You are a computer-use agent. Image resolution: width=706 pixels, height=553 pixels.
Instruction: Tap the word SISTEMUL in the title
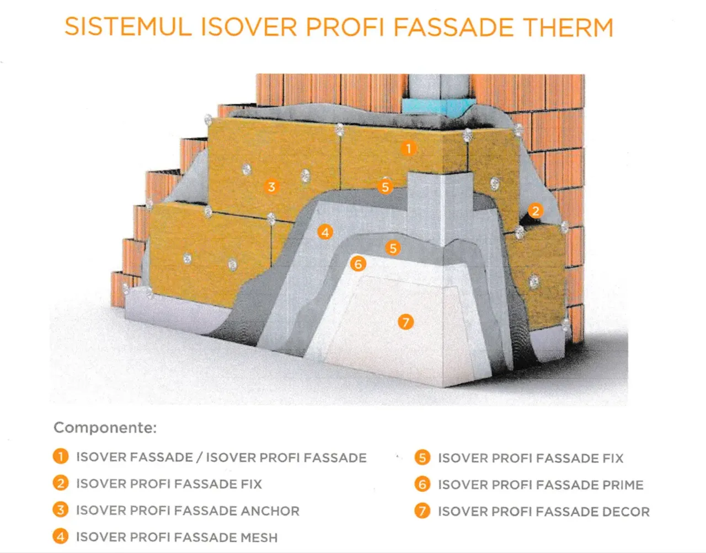click(x=128, y=26)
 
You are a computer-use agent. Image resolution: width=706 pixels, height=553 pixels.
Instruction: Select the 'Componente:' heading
click(x=105, y=428)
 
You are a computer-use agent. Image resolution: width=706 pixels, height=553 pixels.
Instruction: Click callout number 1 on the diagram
click(x=408, y=148)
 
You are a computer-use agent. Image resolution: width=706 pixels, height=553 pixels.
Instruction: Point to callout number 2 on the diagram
click(x=536, y=211)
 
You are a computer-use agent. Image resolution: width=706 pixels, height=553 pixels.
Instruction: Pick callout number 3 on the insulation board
click(x=271, y=187)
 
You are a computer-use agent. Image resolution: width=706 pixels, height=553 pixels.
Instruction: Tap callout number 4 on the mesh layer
click(x=325, y=232)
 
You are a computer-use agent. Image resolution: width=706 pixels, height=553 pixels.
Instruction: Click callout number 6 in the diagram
click(x=358, y=264)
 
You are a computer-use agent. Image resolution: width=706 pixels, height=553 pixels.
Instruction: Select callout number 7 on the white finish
click(x=405, y=322)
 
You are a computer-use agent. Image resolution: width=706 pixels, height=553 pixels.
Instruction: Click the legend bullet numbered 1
click(x=61, y=456)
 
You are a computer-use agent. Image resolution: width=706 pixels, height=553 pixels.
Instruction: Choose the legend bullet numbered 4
click(x=61, y=536)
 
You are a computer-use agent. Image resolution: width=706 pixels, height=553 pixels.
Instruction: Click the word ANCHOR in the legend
click(x=270, y=511)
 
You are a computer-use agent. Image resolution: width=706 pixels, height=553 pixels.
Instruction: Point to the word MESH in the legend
click(x=259, y=538)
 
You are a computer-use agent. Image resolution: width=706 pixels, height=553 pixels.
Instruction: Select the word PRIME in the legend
click(x=623, y=485)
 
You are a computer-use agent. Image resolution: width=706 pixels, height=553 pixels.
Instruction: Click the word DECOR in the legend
click(x=626, y=512)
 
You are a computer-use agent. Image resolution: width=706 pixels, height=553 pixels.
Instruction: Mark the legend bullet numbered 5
click(x=422, y=458)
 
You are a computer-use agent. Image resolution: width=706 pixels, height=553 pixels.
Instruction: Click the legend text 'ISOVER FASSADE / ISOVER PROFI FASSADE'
click(x=221, y=458)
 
